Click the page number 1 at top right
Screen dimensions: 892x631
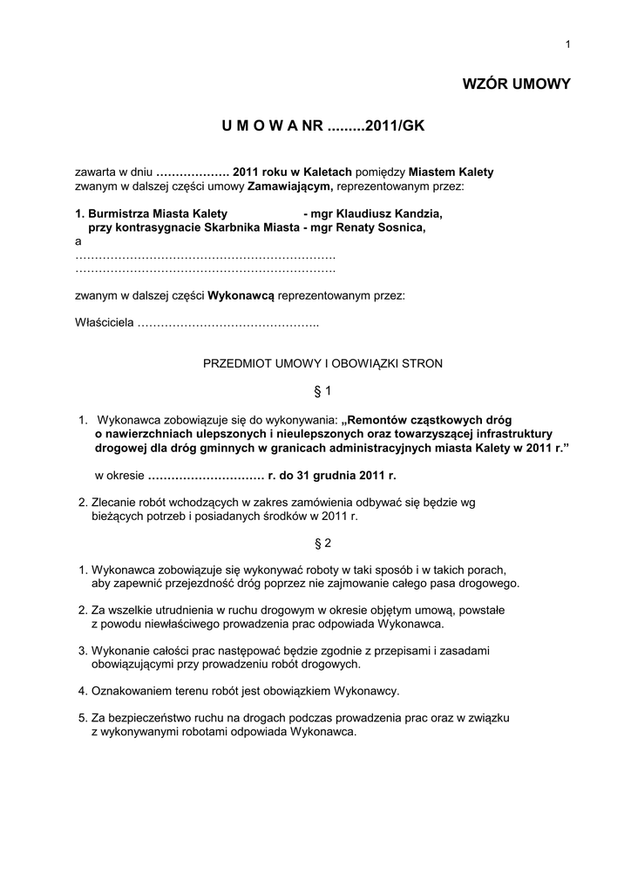(567, 45)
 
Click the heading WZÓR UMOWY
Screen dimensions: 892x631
(516, 84)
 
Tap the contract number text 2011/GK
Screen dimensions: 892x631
(394, 127)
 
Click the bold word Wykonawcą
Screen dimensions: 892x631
(241, 295)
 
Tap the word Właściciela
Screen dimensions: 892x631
(104, 323)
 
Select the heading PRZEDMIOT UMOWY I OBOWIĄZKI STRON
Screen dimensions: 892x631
(322, 363)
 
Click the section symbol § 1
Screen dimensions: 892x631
(322, 390)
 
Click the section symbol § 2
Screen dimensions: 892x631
(322, 543)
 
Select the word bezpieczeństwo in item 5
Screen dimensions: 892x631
(159, 718)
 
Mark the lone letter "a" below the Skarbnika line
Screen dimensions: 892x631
(78, 241)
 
